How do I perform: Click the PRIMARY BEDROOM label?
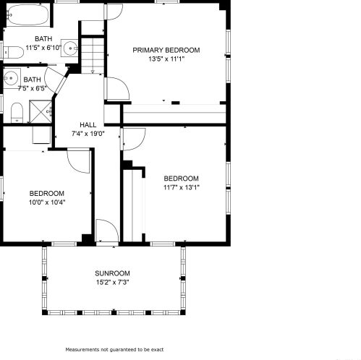(x=166, y=50)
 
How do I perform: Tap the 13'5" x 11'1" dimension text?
(x=166, y=59)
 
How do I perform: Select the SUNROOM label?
(x=112, y=273)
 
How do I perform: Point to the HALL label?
(x=88, y=125)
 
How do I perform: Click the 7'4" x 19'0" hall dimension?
(x=88, y=134)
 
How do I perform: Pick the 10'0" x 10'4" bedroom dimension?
(x=47, y=202)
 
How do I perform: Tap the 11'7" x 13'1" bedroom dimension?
(x=182, y=187)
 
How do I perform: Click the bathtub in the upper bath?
(x=27, y=14)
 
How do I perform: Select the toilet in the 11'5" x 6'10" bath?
(x=13, y=52)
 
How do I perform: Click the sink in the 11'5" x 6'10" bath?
(x=69, y=48)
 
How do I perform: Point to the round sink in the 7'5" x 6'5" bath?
(x=11, y=78)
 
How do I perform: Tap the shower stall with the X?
(x=41, y=111)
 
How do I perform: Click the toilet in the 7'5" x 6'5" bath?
(x=17, y=113)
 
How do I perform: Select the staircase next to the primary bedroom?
(x=93, y=56)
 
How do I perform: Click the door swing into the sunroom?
(x=107, y=231)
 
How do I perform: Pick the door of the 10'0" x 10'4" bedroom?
(x=79, y=161)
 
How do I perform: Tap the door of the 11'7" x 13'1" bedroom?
(x=134, y=140)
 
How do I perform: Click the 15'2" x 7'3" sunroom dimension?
(x=113, y=282)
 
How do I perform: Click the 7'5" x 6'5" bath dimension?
(x=32, y=88)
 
